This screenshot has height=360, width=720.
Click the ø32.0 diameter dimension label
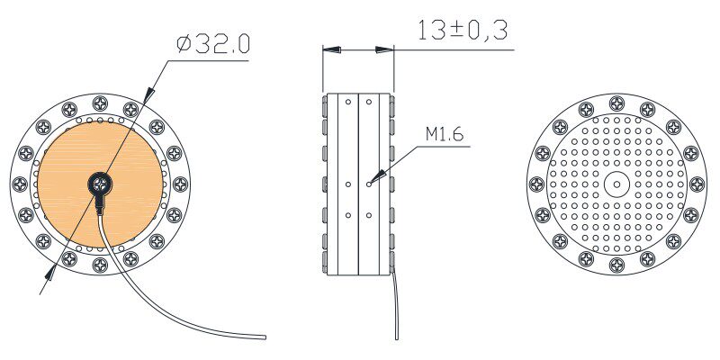point(213,44)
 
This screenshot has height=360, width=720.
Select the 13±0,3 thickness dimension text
point(463,31)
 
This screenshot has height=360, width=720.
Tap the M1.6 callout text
point(445,134)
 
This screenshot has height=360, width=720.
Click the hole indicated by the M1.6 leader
point(369,184)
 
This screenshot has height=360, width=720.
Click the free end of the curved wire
point(264,337)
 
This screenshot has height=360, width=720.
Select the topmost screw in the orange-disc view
point(100,103)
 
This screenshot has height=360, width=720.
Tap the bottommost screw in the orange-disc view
point(100,265)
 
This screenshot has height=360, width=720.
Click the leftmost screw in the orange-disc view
point(19,184)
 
